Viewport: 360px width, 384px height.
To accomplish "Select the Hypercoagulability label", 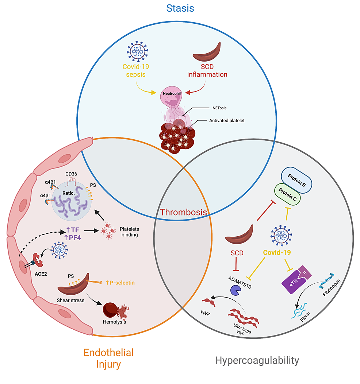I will [257, 360].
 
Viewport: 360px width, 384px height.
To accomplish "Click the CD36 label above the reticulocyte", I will [71, 174].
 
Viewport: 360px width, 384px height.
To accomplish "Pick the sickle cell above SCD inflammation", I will [206, 53].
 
